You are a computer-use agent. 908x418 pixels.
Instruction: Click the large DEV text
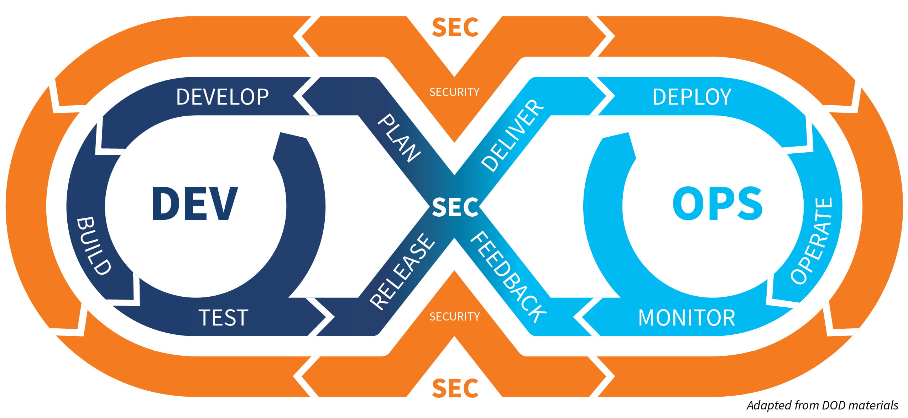[194, 203]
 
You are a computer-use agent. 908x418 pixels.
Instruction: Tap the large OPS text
[717, 203]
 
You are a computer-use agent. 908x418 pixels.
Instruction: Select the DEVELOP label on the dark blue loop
[223, 97]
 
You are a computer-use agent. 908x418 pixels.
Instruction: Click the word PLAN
[399, 138]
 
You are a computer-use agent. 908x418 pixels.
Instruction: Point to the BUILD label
[94, 245]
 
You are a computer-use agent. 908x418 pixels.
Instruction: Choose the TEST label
[223, 318]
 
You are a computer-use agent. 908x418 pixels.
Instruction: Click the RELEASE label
[402, 271]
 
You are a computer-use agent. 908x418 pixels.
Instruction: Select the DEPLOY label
[692, 97]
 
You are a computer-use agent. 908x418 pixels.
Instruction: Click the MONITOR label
[687, 318]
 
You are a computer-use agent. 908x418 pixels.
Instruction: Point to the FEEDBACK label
[508, 277]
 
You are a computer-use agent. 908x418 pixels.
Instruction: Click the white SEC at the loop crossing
[455, 207]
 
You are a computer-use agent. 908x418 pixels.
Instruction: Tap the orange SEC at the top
[455, 27]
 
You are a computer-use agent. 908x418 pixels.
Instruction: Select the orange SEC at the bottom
[455, 388]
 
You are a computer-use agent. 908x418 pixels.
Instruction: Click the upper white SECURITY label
[454, 92]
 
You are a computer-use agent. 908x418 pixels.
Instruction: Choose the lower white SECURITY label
[454, 316]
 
